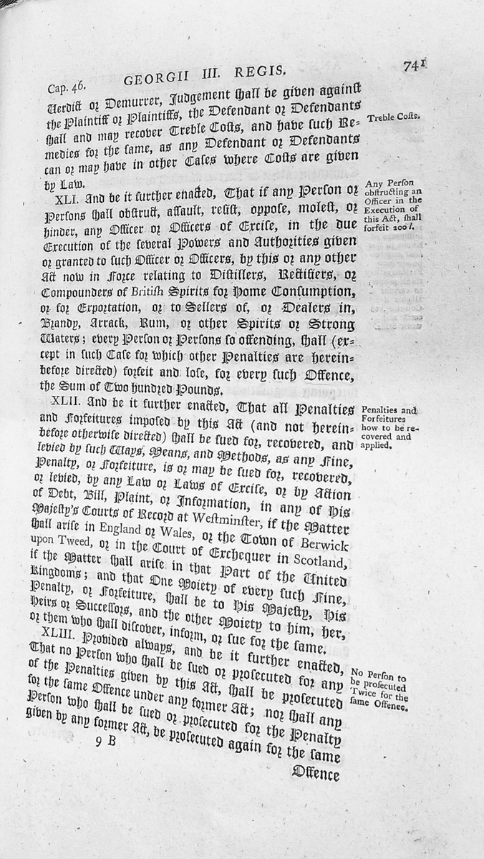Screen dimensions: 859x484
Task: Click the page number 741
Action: click(x=414, y=66)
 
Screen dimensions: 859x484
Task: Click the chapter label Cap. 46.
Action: click(x=67, y=87)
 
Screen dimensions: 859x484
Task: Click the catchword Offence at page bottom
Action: click(x=315, y=772)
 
